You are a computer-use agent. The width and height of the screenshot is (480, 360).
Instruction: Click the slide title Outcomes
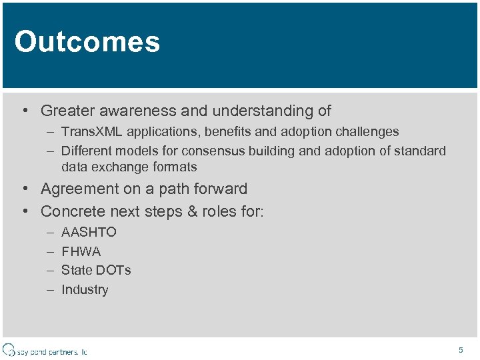(87, 41)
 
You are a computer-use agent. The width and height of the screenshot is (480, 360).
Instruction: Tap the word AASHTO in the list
(89, 232)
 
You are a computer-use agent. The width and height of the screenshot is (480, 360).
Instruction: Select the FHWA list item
(81, 251)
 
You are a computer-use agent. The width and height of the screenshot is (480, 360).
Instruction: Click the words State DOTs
(96, 270)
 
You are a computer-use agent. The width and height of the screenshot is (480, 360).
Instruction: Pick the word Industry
(85, 289)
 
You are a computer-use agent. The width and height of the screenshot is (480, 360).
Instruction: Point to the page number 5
(460, 350)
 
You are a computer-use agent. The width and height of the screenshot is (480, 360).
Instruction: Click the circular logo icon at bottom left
(9, 350)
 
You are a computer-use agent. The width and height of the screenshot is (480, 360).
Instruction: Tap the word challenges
(367, 132)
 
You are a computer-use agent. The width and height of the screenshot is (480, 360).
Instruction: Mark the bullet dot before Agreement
(24, 189)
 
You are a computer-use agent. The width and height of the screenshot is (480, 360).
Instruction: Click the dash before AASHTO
(51, 232)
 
